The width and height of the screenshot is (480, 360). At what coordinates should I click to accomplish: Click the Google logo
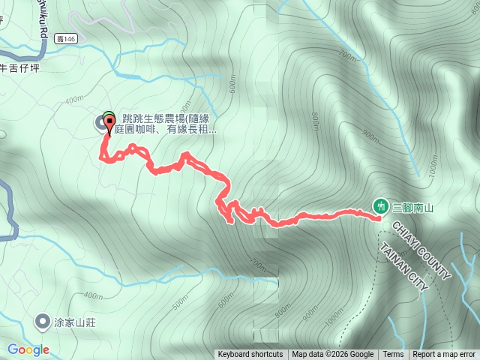(28, 349)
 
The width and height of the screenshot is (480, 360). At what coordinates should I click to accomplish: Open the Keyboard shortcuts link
(250, 355)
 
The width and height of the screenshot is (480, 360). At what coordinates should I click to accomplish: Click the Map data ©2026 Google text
(333, 355)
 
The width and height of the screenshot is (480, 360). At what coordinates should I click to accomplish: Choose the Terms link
(393, 355)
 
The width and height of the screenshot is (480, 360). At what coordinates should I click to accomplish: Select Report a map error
(444, 355)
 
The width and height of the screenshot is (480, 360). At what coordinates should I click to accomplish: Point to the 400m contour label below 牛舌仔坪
(75, 99)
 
